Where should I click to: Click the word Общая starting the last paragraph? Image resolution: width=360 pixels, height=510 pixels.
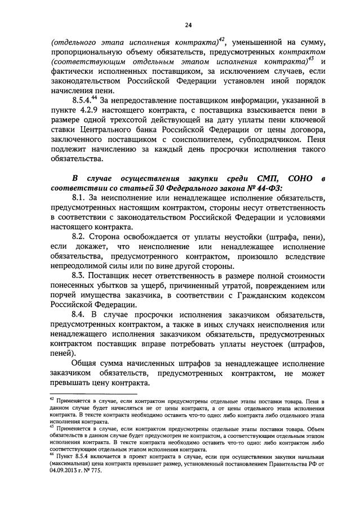point(86,364)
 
